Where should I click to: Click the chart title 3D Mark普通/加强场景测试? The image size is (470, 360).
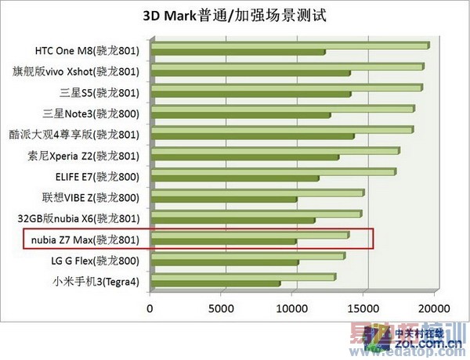[234, 15]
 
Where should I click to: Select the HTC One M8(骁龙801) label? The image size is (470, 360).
[87, 51]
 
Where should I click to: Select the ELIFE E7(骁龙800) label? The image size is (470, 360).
[98, 177]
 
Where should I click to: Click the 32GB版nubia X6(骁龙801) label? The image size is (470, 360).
[83, 218]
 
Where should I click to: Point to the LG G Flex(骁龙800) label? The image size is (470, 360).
[96, 261]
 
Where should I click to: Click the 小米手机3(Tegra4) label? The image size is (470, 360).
[96, 282]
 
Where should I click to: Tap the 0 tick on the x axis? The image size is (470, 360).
[150, 308]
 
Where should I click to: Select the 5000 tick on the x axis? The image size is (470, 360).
[222, 308]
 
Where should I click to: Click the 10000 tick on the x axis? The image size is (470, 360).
[293, 308]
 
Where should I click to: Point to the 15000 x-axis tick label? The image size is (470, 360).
[364, 308]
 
